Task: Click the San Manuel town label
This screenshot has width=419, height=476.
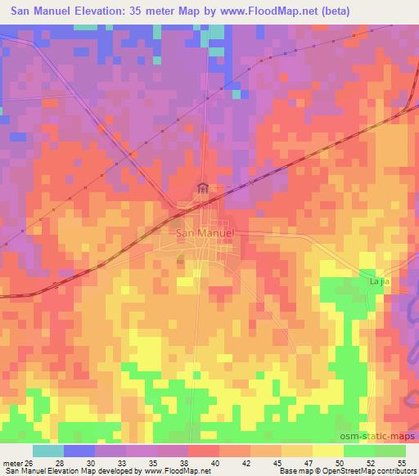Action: pyautogui.click(x=205, y=233)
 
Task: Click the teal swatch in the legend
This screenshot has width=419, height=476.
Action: pyautogui.click(x=48, y=451)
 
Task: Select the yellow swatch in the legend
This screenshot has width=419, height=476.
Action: pyautogui.click(x=327, y=451)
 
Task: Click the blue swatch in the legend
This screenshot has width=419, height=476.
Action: pyautogui.click(x=79, y=451)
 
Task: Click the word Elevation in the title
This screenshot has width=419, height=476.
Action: pyautogui.click(x=101, y=11)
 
